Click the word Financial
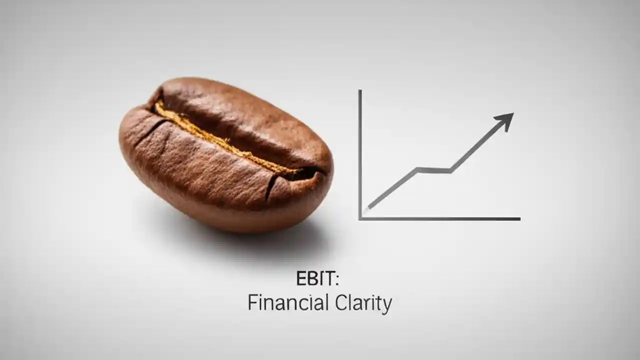coord(288,302)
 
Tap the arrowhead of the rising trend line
coord(505,120)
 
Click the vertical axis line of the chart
coord(360,150)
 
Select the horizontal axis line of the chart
coord(440,218)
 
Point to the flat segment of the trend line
coord(434,170)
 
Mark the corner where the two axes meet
coord(360,218)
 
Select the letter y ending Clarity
coord(386,304)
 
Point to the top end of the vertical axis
coord(360,91)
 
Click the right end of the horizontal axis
coord(519,218)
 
